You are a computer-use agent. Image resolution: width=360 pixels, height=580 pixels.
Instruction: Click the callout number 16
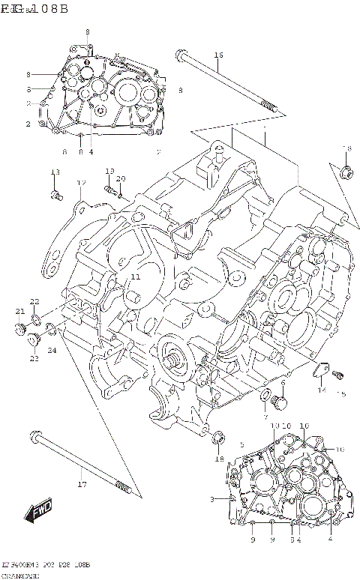point(218,55)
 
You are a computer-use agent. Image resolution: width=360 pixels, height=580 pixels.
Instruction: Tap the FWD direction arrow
point(37,513)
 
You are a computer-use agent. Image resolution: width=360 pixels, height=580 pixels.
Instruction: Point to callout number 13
point(55,172)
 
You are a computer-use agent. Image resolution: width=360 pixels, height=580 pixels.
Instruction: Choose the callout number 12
point(81,183)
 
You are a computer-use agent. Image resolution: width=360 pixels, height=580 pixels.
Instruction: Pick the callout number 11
point(135,277)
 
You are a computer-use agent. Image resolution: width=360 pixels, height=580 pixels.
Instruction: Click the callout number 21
point(20,311)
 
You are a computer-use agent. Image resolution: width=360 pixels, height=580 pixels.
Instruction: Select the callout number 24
point(52,351)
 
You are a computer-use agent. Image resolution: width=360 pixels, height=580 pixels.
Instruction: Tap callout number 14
point(321,390)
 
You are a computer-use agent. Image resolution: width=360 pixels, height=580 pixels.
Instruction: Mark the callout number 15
point(342,394)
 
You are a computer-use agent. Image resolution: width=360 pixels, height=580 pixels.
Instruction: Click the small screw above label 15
point(337,374)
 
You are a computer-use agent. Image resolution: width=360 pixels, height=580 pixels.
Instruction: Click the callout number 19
point(109,171)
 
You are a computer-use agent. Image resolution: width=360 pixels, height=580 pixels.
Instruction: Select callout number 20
point(121,178)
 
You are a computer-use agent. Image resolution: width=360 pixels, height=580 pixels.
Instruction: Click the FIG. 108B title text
point(34,9)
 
